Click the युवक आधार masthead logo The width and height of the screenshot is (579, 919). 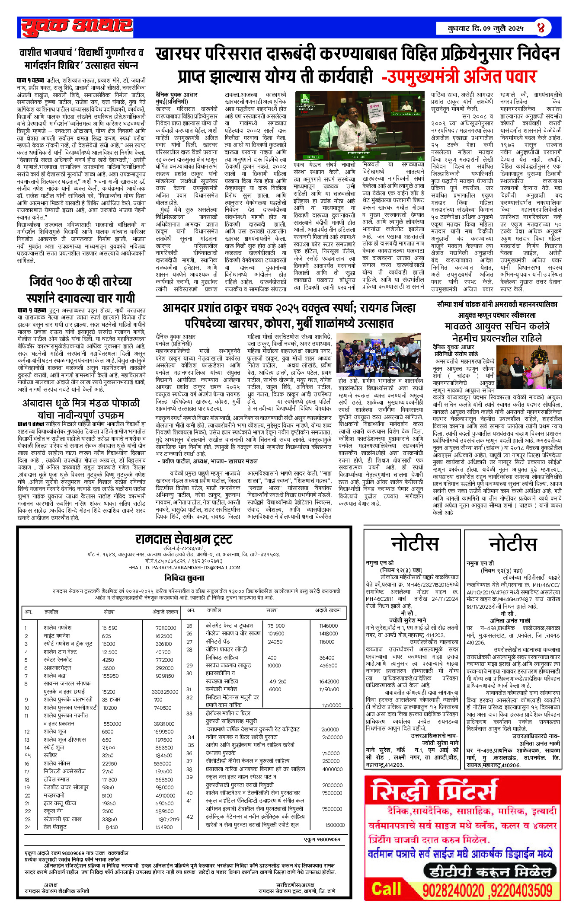(x=77, y=27)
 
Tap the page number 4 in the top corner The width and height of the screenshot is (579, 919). (x=541, y=28)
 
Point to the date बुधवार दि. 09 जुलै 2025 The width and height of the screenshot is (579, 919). (x=485, y=29)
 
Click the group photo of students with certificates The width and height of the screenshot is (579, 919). (x=378, y=355)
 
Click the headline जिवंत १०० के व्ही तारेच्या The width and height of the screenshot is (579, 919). (x=81, y=290)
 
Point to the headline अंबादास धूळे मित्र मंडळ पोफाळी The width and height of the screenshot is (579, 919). (x=81, y=409)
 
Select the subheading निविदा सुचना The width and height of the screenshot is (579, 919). (x=184, y=578)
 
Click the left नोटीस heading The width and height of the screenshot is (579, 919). (x=414, y=544)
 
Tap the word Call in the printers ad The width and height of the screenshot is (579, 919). (x=387, y=889)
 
